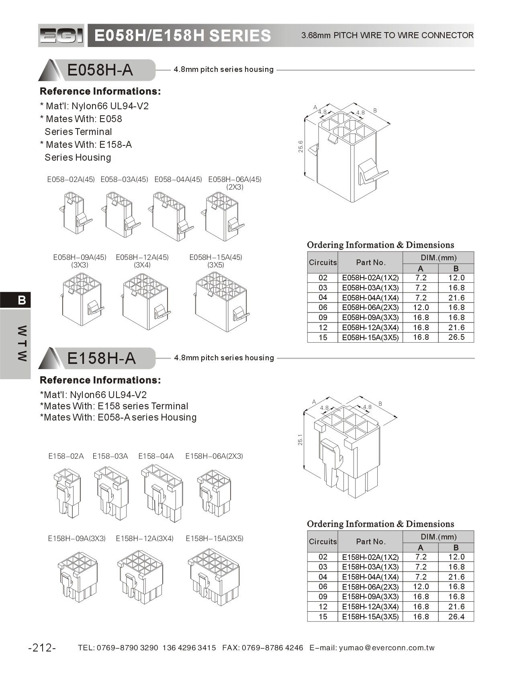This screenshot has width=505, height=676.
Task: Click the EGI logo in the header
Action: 61,36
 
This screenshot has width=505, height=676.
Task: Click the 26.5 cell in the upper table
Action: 456,337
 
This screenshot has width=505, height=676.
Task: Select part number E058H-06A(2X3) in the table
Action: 370,308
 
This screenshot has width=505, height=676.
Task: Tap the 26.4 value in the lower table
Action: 456,617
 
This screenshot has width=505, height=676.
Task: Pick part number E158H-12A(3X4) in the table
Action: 370,607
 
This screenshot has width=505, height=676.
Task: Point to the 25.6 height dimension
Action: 301,146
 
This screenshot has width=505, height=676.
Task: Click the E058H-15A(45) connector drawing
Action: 221,301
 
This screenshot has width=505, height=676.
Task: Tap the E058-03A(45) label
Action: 124,180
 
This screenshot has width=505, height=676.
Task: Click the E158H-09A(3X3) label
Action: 77,539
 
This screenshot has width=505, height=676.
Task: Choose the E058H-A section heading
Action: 100,70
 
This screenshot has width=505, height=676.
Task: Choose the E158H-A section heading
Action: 101,358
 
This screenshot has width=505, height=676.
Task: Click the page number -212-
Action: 42,647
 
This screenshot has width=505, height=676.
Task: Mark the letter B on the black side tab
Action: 22,300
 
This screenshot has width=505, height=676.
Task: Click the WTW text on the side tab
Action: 22,343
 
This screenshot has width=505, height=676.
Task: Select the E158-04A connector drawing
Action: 162,493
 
